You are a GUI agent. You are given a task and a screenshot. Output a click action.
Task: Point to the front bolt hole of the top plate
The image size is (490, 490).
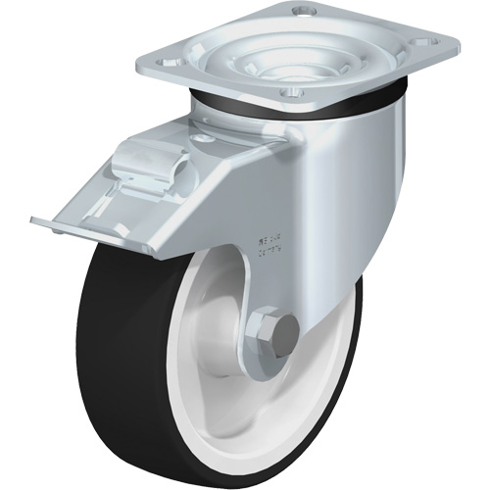tap(285, 94)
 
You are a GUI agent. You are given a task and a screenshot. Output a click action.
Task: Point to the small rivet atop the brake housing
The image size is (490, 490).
tap(205, 138)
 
